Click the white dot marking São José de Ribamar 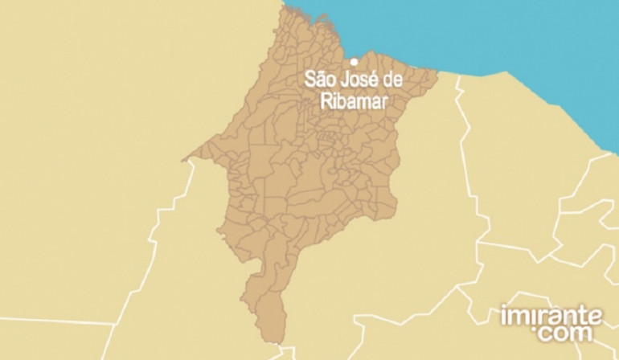click(x=353, y=60)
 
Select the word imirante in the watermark click(x=550, y=314)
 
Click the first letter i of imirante click(x=503, y=314)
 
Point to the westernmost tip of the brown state click(x=185, y=158)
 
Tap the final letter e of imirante click(x=596, y=315)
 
